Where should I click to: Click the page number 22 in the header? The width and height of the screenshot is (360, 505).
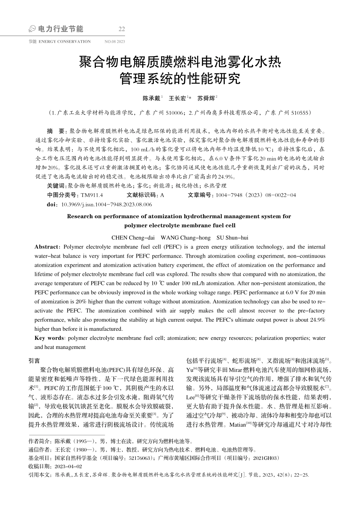122,29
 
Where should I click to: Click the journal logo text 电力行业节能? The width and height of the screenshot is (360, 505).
61,29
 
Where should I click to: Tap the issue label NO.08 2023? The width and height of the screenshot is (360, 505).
114,42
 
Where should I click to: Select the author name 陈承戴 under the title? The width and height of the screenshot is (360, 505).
151,98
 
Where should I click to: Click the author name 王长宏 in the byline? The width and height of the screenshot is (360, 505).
177,98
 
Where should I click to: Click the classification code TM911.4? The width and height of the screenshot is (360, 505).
92,195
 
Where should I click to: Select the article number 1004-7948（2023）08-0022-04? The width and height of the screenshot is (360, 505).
256,195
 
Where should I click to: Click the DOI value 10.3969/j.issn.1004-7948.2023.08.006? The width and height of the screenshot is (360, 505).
106,204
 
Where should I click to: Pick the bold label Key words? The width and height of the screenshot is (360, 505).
49,338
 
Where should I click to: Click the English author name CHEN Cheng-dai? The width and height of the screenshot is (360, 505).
133,238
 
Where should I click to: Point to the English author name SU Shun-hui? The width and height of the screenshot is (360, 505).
232,238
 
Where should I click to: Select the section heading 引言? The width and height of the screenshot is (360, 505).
34,361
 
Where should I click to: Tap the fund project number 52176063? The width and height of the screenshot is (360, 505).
140,458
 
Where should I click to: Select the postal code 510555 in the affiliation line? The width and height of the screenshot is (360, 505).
300,113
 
